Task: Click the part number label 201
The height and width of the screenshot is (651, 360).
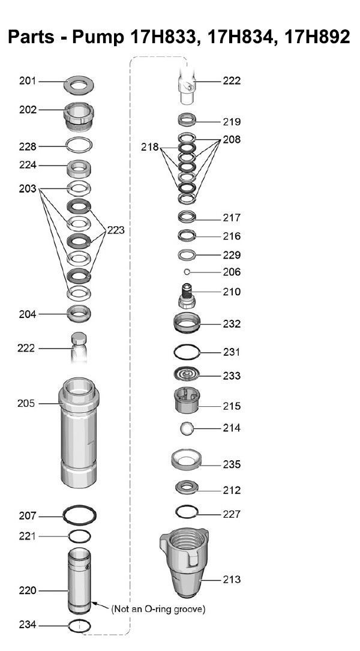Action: coord(28,80)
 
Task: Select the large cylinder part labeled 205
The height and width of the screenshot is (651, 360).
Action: coord(79,433)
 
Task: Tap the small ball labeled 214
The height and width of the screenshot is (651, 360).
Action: coord(187,428)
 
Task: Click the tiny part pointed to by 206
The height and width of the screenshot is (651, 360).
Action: coord(187,272)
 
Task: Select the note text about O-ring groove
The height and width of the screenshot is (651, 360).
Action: coord(158,609)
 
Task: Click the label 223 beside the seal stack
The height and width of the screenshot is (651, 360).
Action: coord(116,230)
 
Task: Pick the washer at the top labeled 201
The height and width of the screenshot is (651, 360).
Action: coord(79,86)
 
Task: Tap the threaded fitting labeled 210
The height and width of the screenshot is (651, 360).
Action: coord(188,295)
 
